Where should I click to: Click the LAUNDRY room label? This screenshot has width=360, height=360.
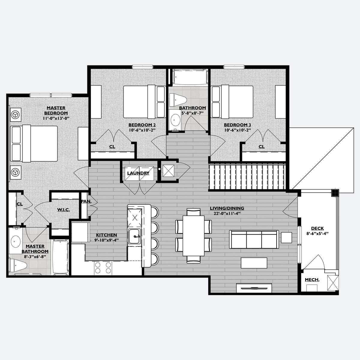(x=138, y=173)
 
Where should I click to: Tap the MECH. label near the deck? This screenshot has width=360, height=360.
(x=312, y=280)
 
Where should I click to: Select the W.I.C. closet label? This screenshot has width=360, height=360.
(x=64, y=210)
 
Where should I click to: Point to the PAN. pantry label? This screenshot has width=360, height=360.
(x=86, y=201)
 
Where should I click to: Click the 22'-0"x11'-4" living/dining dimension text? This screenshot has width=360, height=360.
(x=227, y=213)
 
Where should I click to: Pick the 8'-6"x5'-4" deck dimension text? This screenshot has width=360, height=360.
(x=317, y=233)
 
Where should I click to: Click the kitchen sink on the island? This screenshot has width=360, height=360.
(x=134, y=236)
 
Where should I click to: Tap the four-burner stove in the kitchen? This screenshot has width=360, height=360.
(x=103, y=268)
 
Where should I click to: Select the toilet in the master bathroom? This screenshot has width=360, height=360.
(x=18, y=265)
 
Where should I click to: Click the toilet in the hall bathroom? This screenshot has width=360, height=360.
(x=178, y=100)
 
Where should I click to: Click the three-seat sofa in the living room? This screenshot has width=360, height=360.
(x=254, y=239)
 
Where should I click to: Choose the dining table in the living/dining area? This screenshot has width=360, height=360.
(x=193, y=236)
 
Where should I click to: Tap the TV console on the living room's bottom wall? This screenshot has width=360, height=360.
(x=254, y=288)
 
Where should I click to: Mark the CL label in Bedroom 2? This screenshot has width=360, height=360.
(x=112, y=147)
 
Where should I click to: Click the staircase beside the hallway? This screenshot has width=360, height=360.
(x=247, y=177)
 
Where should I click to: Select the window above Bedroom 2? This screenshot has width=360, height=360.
(x=142, y=67)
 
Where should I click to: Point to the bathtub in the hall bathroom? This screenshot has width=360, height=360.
(x=190, y=77)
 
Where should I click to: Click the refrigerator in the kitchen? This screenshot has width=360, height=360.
(x=80, y=232)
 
